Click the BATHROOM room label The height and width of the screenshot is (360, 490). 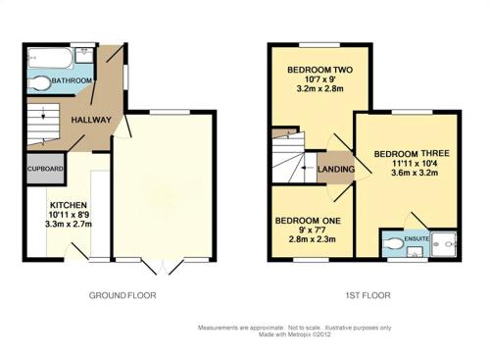click(72, 80)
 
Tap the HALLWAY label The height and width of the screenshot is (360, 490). click(91, 120)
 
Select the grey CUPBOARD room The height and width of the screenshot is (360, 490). click(45, 169)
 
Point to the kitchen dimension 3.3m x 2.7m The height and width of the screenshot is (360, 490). click(69, 225)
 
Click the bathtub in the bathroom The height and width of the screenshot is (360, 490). click(50, 58)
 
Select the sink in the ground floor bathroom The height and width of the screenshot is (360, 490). click(85, 55)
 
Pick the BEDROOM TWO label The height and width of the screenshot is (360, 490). click(319, 70)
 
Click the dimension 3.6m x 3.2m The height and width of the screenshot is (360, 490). click(415, 173)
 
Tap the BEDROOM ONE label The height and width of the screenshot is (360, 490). click(308, 221)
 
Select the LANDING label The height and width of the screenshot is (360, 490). click(336, 169)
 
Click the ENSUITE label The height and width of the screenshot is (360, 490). click(416, 238)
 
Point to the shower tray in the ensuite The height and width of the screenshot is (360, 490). click(444, 244)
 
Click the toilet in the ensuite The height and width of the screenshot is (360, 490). click(394, 243)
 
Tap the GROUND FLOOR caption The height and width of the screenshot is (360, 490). click(122, 295)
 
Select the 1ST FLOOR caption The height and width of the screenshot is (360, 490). click(367, 295)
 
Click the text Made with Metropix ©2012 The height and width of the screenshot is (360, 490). click(295, 334)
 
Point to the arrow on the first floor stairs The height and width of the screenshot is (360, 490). click(308, 168)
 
